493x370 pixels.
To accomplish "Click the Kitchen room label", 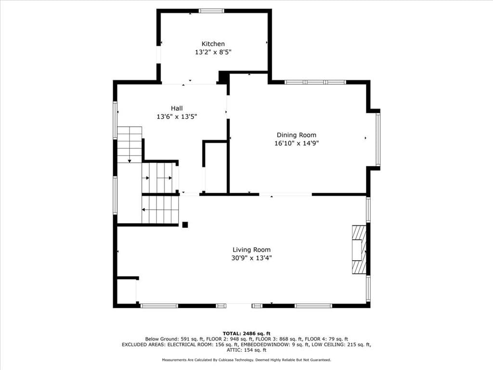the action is tap(213, 44).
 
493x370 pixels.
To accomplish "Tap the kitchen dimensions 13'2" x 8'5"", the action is tap(213, 52).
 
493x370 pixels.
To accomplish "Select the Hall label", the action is tap(177, 108).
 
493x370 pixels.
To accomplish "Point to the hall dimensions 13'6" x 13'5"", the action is tap(177, 117).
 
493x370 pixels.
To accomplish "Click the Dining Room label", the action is tap(297, 135).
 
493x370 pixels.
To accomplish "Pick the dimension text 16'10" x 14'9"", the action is tap(297, 144).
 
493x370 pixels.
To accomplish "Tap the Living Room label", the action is tap(251, 250).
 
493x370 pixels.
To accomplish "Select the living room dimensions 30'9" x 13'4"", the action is tap(251, 258).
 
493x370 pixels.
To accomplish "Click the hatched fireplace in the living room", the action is tap(359, 249).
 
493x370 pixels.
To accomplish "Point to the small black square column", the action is tap(185, 225).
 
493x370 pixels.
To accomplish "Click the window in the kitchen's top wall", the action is tap(211, 11).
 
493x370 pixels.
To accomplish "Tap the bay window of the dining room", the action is tap(378, 139).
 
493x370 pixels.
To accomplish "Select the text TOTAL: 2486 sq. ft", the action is tap(246, 333).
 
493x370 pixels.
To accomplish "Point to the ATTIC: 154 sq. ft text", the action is tap(246, 350).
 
